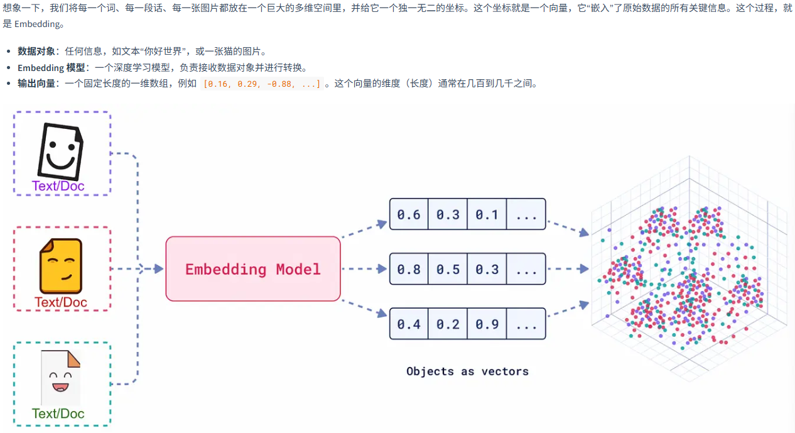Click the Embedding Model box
click(x=252, y=269)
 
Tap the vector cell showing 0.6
click(x=409, y=215)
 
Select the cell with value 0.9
click(x=487, y=324)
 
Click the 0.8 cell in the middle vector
click(x=409, y=270)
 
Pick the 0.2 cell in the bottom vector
click(x=448, y=324)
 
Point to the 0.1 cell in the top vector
click(x=487, y=215)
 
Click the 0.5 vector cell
click(x=448, y=270)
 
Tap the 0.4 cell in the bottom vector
click(x=409, y=324)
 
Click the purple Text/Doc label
click(x=58, y=186)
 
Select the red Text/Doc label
click(x=60, y=302)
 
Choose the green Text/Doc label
click(x=58, y=414)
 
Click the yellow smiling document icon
click(x=60, y=265)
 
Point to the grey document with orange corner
click(x=60, y=378)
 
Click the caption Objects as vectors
click(x=467, y=371)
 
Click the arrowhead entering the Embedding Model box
click(x=158, y=269)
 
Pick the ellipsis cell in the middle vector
click(x=526, y=270)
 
